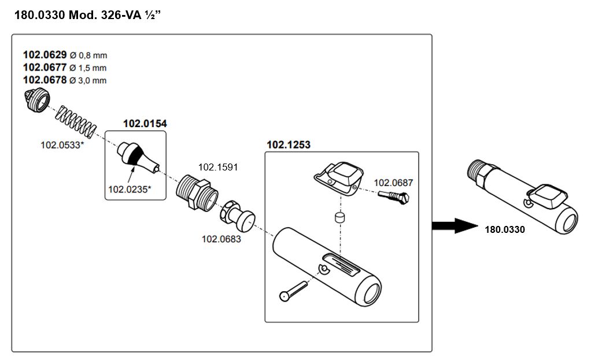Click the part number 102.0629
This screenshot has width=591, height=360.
point(45,55)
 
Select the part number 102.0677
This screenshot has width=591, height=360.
point(45,68)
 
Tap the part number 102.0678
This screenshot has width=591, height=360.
point(45,80)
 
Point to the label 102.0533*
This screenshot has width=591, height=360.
point(62,144)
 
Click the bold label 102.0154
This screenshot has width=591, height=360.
point(142,124)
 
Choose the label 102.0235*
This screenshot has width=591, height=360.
point(130,188)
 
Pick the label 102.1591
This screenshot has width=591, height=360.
point(218,167)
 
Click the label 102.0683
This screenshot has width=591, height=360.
point(221,239)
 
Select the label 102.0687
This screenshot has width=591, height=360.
point(393,183)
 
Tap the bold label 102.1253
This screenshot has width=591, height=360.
point(288,145)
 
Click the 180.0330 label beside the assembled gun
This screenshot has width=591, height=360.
point(505,230)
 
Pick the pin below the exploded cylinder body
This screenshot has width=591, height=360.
point(294,288)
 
